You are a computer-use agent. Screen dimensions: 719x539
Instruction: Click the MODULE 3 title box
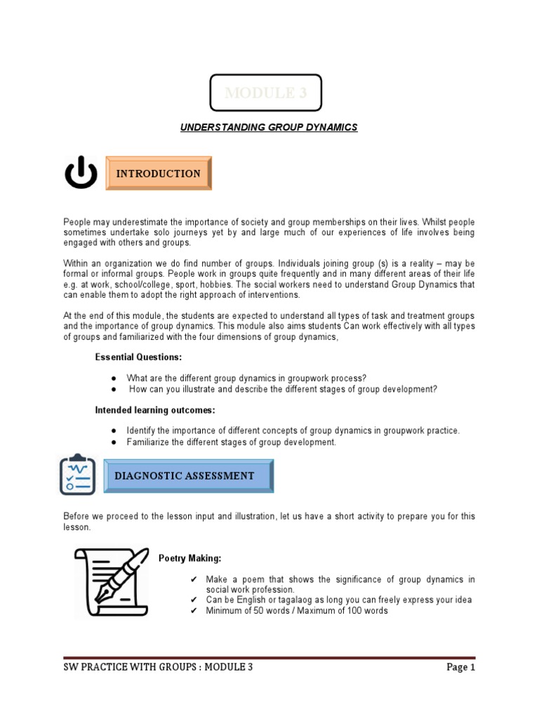[x=267, y=93]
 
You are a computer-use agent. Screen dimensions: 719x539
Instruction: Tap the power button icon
[x=81, y=173]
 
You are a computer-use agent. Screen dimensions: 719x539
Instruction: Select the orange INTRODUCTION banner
[x=158, y=173]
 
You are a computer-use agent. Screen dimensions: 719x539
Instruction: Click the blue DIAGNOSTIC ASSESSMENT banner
[x=188, y=476]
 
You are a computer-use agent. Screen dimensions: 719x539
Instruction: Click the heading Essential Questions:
[x=138, y=357]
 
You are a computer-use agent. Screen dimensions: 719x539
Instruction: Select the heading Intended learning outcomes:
[x=155, y=409]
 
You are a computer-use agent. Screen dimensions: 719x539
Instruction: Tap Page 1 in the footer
[x=460, y=668]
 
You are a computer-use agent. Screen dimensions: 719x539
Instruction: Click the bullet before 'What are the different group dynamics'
[x=114, y=378]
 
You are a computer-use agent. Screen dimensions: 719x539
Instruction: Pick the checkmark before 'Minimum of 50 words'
[x=194, y=610]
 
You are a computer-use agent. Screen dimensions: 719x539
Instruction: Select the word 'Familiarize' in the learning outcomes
[x=148, y=442]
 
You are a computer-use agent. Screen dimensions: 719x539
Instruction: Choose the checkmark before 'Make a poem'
[x=194, y=579]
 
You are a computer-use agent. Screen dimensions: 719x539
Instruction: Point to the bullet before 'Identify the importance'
[x=114, y=430]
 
